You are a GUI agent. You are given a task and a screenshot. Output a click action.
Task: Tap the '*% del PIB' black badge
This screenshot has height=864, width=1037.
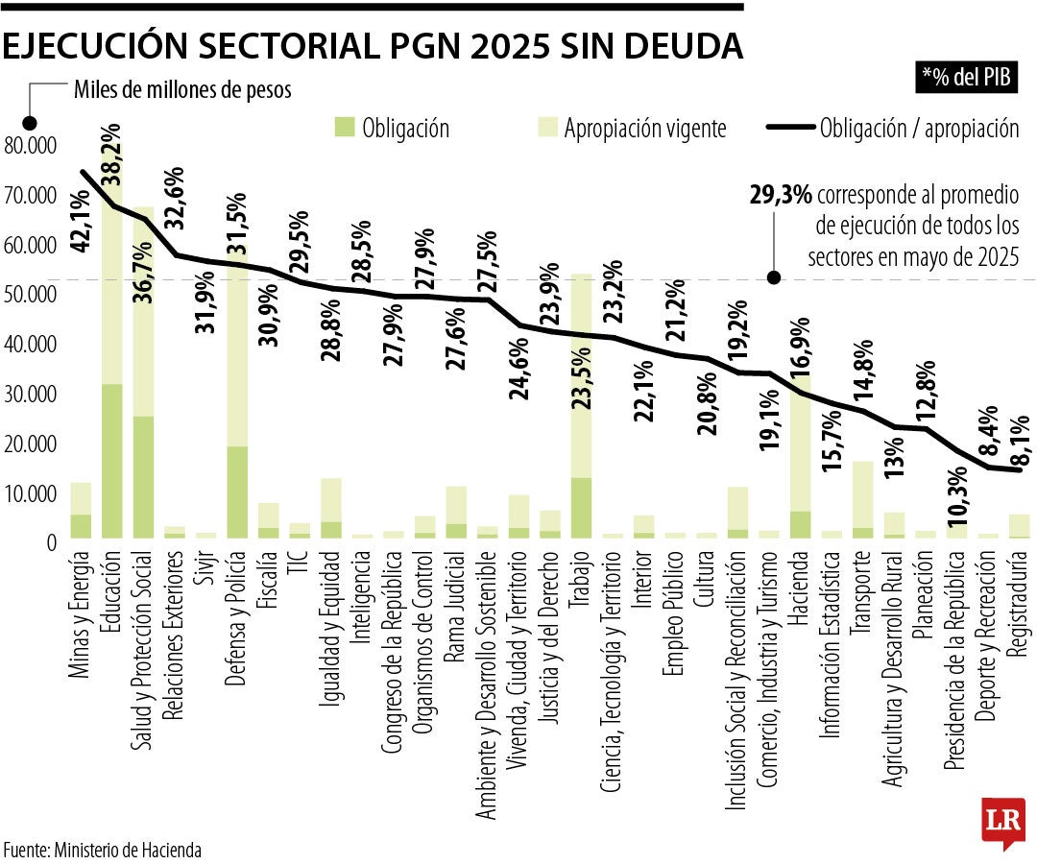968,78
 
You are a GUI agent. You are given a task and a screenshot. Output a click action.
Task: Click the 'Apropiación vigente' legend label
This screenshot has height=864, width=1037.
644,129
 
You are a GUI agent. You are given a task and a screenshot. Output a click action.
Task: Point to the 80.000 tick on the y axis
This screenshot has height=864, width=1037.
31,145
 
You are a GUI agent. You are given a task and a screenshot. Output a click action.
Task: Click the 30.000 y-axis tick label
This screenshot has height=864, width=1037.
31,394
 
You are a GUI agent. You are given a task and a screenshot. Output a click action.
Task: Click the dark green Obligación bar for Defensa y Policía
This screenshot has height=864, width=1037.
236,492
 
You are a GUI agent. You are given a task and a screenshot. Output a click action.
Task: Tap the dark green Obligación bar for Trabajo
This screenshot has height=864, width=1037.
580,508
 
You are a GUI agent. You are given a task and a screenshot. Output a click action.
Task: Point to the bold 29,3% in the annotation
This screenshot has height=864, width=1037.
780,196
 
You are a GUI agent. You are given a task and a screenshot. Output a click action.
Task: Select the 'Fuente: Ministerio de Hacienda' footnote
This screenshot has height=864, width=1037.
103,850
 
